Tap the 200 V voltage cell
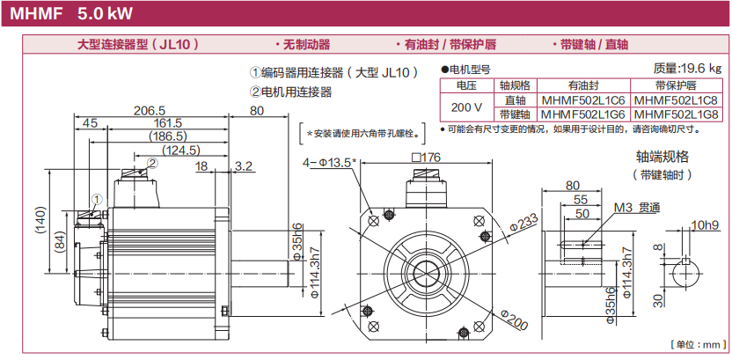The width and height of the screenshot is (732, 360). [x=465, y=107]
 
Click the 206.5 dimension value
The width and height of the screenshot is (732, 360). [x=150, y=111]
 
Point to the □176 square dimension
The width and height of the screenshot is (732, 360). [x=426, y=158]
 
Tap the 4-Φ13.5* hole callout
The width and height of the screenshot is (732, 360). [x=330, y=162]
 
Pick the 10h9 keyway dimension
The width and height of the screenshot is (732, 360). [x=705, y=225]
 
